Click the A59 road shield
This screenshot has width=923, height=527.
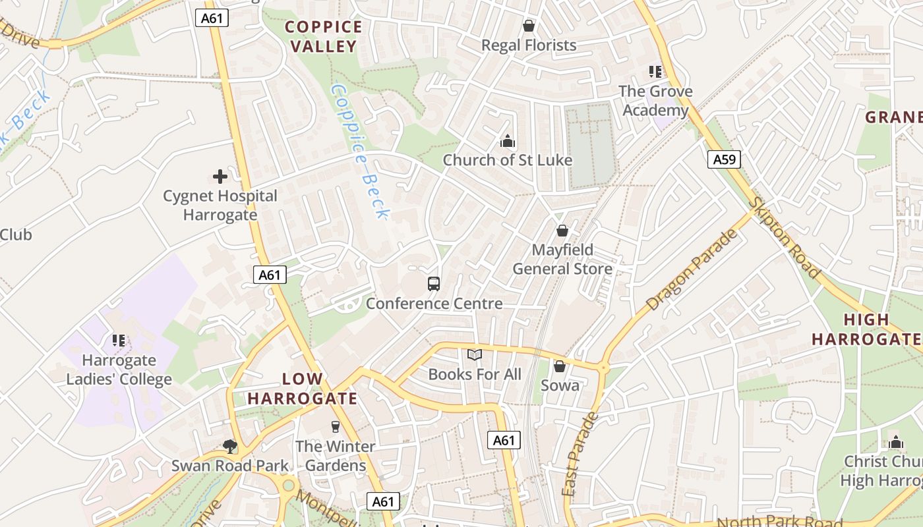point(724,159)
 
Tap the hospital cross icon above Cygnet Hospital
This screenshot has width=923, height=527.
point(220,177)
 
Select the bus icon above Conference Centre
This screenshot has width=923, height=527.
point(433,284)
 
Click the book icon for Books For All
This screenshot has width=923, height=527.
point(475,355)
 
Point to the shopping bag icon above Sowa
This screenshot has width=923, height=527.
point(560,366)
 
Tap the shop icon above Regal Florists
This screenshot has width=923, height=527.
point(528,26)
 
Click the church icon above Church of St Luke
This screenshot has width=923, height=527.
point(507,141)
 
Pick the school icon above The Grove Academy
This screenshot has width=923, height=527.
point(655,71)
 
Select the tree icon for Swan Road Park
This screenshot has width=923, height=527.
point(230,447)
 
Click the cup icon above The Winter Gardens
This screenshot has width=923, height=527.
point(335,427)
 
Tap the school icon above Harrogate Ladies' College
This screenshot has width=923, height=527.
point(119,341)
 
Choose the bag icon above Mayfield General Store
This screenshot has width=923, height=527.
point(562,231)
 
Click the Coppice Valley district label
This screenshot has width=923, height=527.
point(324,36)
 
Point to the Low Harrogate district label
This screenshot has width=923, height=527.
point(303,389)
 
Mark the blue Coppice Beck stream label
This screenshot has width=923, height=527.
point(361,151)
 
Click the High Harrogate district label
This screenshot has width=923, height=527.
point(866,329)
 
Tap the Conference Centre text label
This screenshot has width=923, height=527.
point(434,304)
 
